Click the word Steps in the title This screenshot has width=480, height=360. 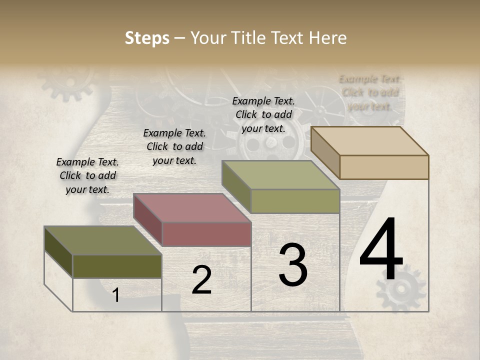click(147, 38)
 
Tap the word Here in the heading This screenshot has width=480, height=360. click(327, 38)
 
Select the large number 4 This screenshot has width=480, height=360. click(381, 250)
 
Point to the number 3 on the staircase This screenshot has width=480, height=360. click(293, 265)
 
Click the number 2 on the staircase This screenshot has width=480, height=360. click(201, 280)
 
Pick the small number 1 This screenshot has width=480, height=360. click(116, 295)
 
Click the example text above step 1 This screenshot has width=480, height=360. click(87, 175)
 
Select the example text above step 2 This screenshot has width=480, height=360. click(174, 146)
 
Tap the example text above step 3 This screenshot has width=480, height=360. click(263, 114)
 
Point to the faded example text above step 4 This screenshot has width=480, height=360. click(370, 92)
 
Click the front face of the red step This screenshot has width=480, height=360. click(206, 234)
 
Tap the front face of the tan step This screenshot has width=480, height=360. click(384, 167)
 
